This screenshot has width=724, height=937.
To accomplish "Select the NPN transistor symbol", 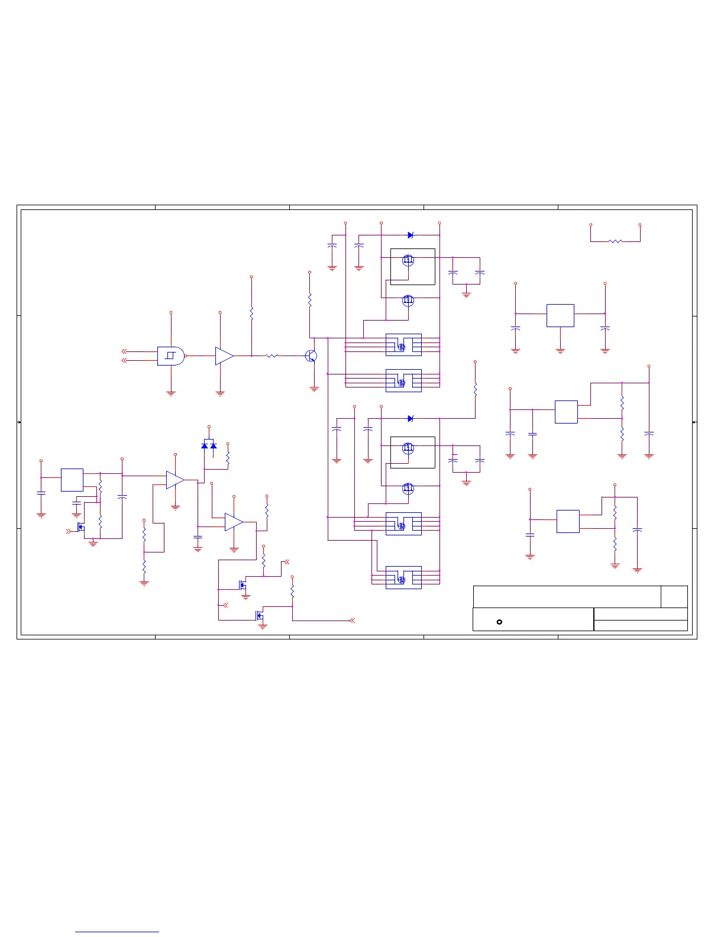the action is [x=311, y=356].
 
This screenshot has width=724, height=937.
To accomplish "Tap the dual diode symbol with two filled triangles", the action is [x=209, y=445].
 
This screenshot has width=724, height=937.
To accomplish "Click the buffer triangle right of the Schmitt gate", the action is [x=224, y=356].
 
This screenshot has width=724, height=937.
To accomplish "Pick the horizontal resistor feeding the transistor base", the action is [x=271, y=356].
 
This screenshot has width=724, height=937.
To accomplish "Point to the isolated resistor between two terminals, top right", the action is [x=615, y=241].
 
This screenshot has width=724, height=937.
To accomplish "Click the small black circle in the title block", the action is [x=499, y=622].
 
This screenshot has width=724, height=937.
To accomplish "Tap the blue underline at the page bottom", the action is [x=117, y=932].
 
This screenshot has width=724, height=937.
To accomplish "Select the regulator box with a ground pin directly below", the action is [x=560, y=315].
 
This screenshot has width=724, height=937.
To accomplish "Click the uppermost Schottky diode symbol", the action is [x=410, y=235].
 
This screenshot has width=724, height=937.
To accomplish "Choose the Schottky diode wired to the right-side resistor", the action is [x=410, y=418].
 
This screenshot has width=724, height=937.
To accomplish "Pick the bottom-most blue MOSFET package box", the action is [x=403, y=577].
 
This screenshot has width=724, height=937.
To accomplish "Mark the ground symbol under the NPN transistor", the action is [x=314, y=389].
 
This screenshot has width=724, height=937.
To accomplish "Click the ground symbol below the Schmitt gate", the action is [x=171, y=393].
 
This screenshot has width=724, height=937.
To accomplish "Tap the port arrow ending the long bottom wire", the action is [x=353, y=621].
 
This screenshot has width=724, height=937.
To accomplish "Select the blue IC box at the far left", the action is [x=72, y=480].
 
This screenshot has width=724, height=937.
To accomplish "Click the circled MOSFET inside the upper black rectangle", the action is [x=408, y=260].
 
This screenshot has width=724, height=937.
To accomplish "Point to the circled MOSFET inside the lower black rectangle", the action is [x=408, y=448].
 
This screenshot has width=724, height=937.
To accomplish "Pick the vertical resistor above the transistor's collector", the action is [x=309, y=300].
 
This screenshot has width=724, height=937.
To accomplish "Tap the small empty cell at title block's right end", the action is [x=674, y=596].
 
